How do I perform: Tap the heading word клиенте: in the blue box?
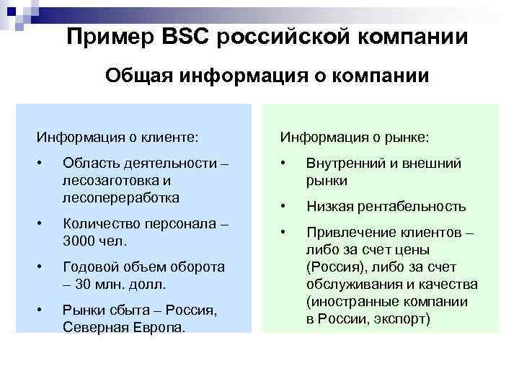click(x=167, y=136)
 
